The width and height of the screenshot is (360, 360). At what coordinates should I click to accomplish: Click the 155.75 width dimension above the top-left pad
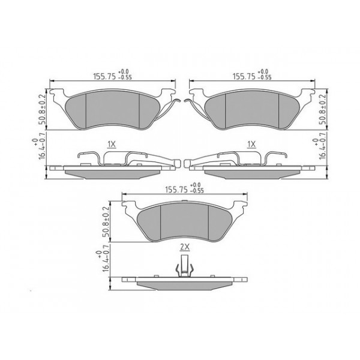click(104, 76)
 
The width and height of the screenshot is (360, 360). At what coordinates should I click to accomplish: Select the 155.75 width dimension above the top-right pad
click(244, 76)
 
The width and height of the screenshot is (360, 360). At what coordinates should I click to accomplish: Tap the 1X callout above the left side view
click(111, 145)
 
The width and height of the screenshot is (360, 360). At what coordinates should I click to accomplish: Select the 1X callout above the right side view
click(251, 145)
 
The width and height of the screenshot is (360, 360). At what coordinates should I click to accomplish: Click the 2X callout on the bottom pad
click(183, 247)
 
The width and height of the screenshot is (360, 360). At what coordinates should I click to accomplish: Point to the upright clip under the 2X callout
click(183, 266)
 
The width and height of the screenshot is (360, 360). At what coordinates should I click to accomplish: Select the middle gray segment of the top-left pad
click(113, 108)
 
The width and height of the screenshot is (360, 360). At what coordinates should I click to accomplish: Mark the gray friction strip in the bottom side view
click(183, 284)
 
